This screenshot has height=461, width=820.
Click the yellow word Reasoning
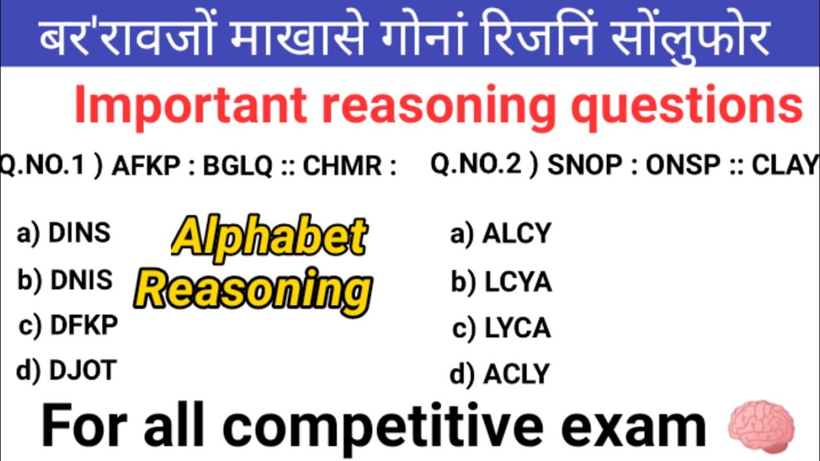(255, 289)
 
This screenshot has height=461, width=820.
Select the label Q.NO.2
(475, 165)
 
